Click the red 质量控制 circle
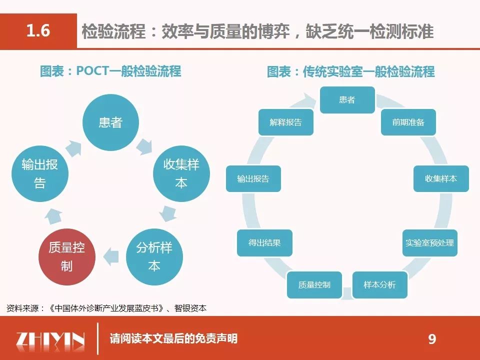coord(66,257)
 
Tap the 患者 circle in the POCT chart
coord(110,122)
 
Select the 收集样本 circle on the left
coord(180,173)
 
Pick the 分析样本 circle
coord(154,257)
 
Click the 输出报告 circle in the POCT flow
coord(39,173)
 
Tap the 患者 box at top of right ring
coord(347,99)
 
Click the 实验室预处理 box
coord(429,242)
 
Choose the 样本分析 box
coord(380,284)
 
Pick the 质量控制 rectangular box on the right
coord(314,285)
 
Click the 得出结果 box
coord(264,242)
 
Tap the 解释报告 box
coord(285,122)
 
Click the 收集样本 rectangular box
coord(440,178)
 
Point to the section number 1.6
coord(38,31)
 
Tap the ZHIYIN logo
coord(50,339)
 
